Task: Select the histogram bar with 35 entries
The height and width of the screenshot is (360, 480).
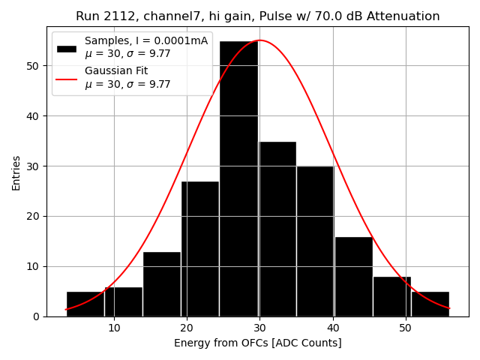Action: [277, 229]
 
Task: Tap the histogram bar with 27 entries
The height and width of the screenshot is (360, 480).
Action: [200, 248]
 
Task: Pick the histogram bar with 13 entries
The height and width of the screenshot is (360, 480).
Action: [162, 283]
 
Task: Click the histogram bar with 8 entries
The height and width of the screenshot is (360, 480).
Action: [391, 296]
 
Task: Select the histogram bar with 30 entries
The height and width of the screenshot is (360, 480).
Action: [315, 241]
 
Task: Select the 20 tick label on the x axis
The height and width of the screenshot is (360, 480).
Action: [187, 328]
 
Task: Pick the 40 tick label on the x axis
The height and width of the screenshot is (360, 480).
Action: [332, 328]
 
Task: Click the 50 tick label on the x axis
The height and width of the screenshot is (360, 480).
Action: [405, 328]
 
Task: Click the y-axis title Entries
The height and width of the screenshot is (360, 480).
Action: [16, 172]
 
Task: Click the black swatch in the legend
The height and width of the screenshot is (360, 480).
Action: [67, 49]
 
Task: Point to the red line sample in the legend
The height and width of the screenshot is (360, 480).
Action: [67, 77]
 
